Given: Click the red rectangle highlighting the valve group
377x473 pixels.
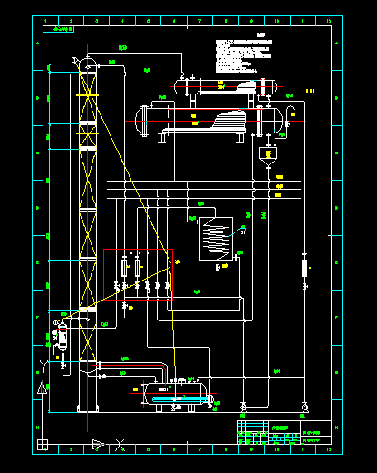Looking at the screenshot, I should coord(138,250).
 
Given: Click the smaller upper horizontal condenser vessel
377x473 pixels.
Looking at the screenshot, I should coord(227,85).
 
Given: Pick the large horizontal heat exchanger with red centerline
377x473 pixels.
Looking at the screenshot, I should coord(213,120).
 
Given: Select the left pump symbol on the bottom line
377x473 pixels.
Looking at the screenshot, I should coord(242,404).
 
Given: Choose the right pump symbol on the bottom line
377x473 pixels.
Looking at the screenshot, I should coord(304,404).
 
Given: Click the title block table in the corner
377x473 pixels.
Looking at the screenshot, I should coord(289,433).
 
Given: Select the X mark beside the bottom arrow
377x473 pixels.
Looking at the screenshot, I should coord(121,444).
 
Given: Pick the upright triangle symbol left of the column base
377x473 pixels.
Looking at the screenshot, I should coord(42,388).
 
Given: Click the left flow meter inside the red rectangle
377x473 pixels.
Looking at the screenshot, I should coord(125,268).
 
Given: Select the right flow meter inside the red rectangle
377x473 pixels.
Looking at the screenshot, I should coord(138,268).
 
